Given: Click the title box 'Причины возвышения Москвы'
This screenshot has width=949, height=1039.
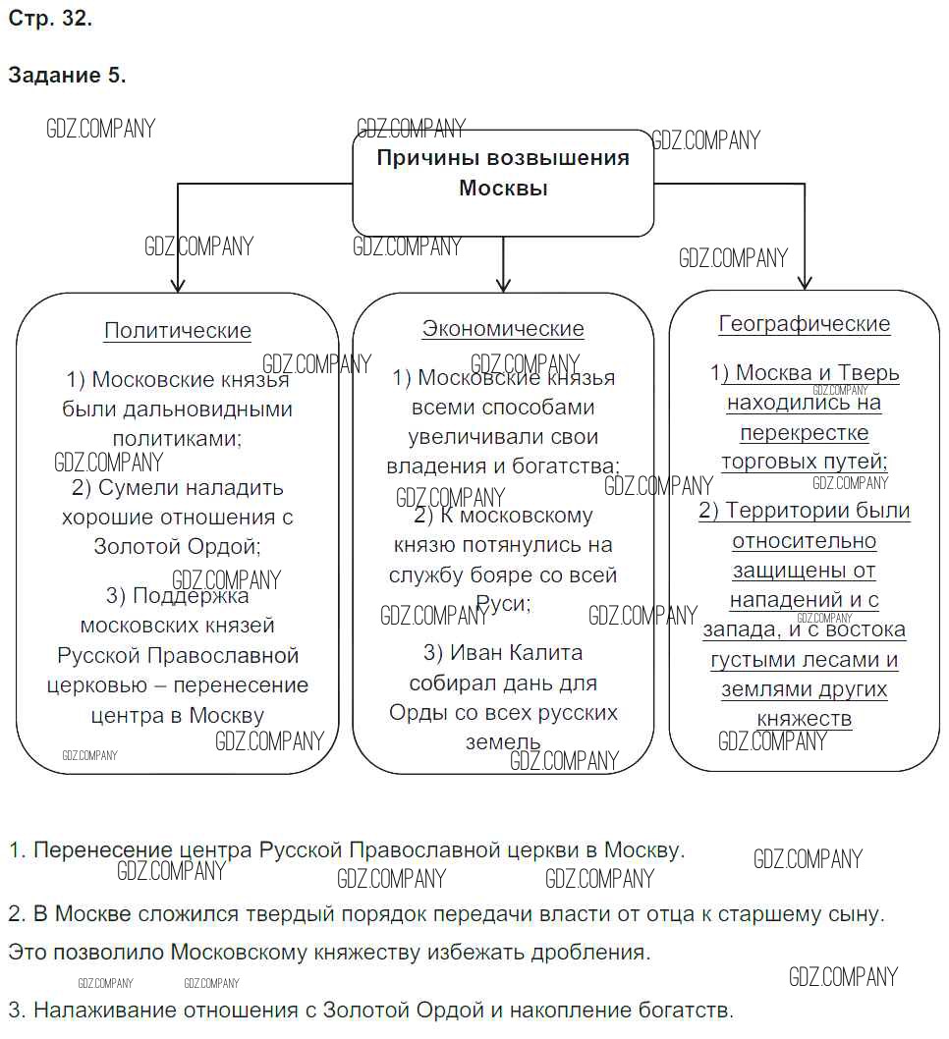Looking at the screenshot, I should click(x=503, y=174).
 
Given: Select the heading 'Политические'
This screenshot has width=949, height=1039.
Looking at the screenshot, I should click(x=178, y=331).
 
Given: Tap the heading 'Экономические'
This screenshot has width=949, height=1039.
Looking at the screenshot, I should click(x=503, y=329).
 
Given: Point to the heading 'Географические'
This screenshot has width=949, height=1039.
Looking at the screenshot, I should click(x=805, y=324).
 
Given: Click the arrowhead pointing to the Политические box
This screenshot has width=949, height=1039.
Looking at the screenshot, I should click(x=178, y=284).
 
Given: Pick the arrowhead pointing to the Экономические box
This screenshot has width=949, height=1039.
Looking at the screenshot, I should click(x=504, y=284).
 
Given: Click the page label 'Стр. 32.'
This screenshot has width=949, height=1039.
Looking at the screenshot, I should click(x=50, y=18).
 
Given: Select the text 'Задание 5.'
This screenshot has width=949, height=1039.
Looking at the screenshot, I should click(x=67, y=75).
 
